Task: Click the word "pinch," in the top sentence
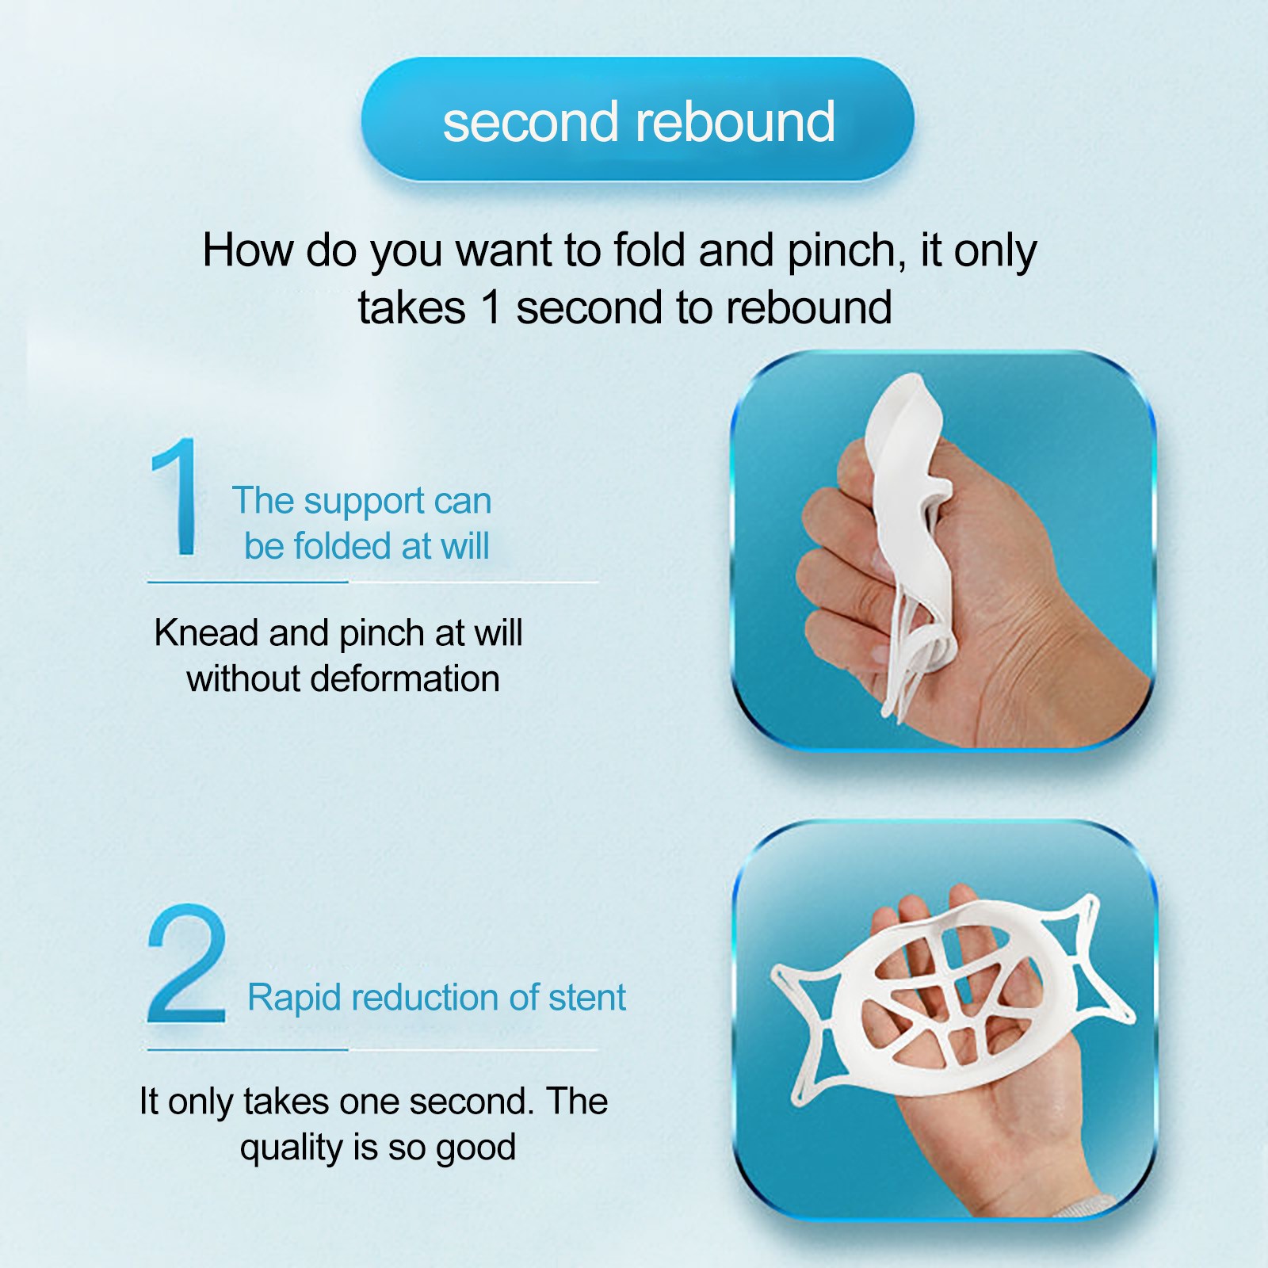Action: click(x=846, y=252)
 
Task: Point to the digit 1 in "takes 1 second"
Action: click(x=491, y=307)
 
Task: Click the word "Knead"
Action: click(x=207, y=633)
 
